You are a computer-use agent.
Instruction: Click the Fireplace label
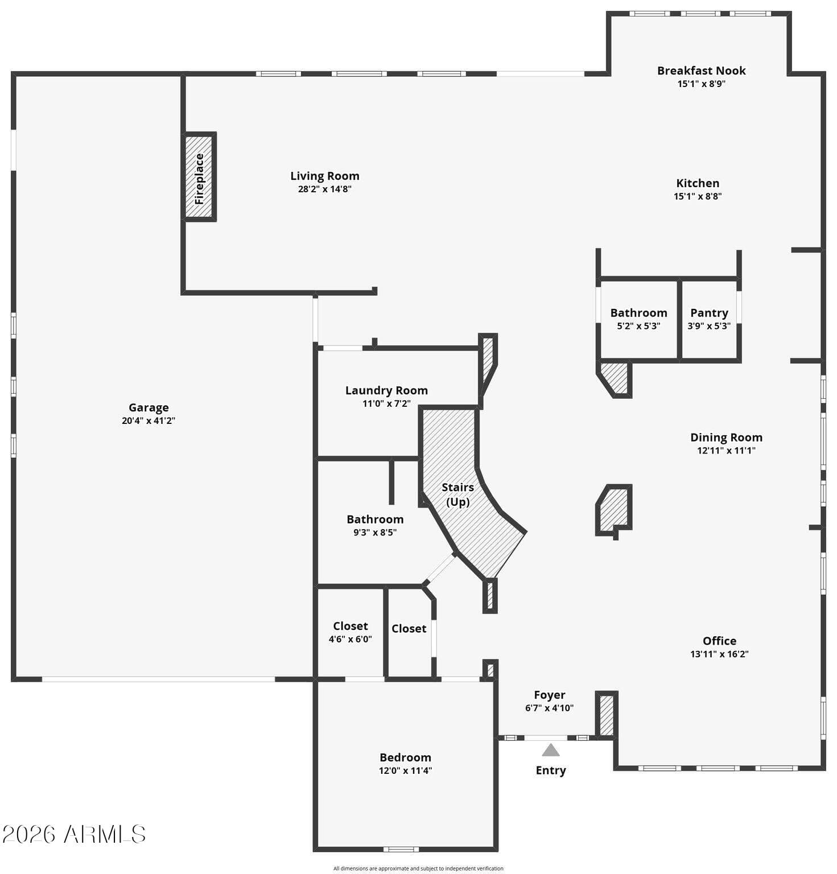[199, 179]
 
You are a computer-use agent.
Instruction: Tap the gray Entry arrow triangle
[550, 751]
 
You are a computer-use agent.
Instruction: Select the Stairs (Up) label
[458, 494]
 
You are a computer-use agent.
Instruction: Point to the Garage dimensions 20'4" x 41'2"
[149, 421]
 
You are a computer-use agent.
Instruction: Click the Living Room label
[325, 176]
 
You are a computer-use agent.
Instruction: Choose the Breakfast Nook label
[702, 71]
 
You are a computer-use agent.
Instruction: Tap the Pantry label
[709, 313]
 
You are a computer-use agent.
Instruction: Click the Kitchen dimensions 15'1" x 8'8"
[698, 197]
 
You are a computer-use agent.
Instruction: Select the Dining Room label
[727, 438]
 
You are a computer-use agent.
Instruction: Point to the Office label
[720, 641]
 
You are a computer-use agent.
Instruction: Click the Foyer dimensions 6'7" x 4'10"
[550, 708]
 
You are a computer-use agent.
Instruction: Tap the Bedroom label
[406, 757]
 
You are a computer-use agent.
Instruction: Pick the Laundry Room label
[387, 390]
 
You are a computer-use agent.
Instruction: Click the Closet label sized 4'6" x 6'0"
[351, 626]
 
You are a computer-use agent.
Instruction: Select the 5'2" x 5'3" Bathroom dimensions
[639, 327]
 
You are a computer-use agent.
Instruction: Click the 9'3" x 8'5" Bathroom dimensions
[375, 533]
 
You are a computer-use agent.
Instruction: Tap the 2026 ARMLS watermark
[74, 835]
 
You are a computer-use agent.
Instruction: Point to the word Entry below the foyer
[551, 770]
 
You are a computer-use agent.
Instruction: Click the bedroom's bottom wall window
[401, 850]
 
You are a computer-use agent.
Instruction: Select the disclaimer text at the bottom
[418, 868]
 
